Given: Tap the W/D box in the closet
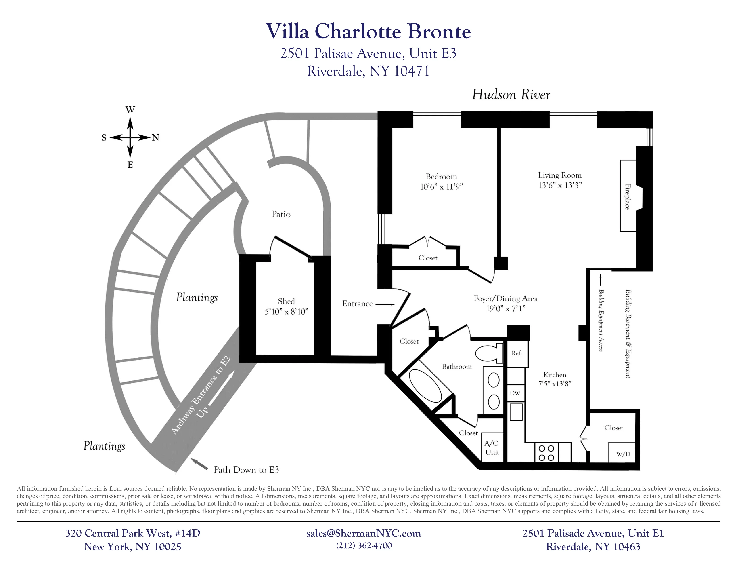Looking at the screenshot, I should coord(623,454).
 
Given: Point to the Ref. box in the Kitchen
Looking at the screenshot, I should coord(516,354).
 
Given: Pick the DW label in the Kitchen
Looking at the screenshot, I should coord(515,393).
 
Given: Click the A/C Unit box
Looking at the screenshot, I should coord(492,448).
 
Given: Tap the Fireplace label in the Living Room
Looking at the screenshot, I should coord(627,196).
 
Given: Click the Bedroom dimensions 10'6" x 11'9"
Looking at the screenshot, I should coord(441,186).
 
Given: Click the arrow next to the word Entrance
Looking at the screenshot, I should coord(385,304).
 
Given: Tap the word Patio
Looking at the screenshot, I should coord(281,214).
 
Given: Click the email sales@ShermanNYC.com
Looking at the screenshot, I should coord(363,533).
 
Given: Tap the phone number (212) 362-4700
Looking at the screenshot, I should coord(364,546).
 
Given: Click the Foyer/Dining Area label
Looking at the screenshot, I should coord(505,298).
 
